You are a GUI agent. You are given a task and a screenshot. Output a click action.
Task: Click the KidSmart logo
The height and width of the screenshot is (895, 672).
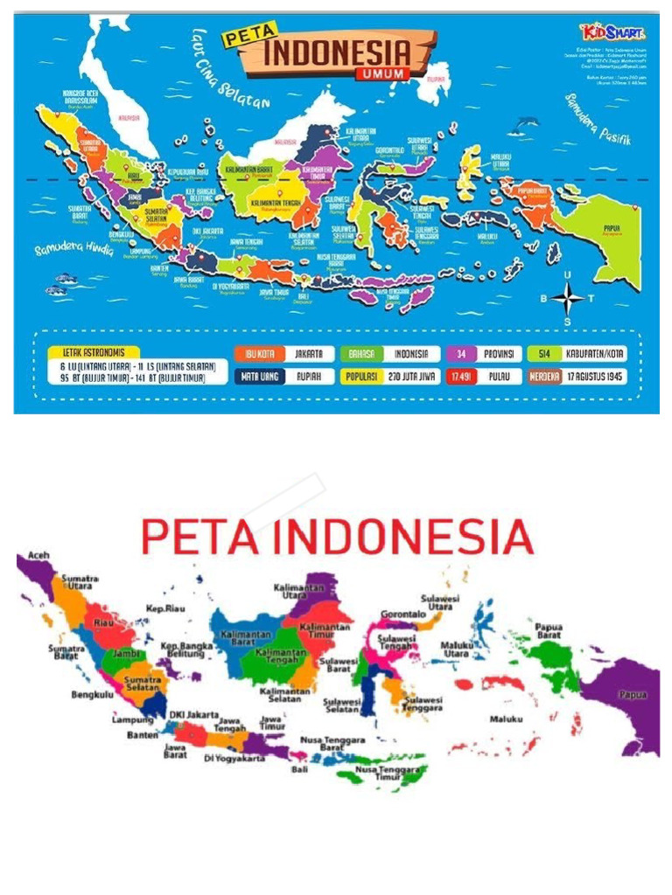coord(622,33)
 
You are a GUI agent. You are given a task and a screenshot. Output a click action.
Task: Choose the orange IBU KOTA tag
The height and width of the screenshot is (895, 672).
coord(255,354)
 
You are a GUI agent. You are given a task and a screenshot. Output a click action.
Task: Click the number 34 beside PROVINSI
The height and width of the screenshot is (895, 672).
coord(458,354)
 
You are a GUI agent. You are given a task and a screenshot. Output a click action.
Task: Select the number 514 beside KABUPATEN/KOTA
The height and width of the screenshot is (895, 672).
coord(544,354)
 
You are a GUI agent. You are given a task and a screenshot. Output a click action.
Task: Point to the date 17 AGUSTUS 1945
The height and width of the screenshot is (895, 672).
coord(595,377)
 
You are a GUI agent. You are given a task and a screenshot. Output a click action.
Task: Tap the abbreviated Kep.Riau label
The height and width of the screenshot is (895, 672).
coord(164,608)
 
